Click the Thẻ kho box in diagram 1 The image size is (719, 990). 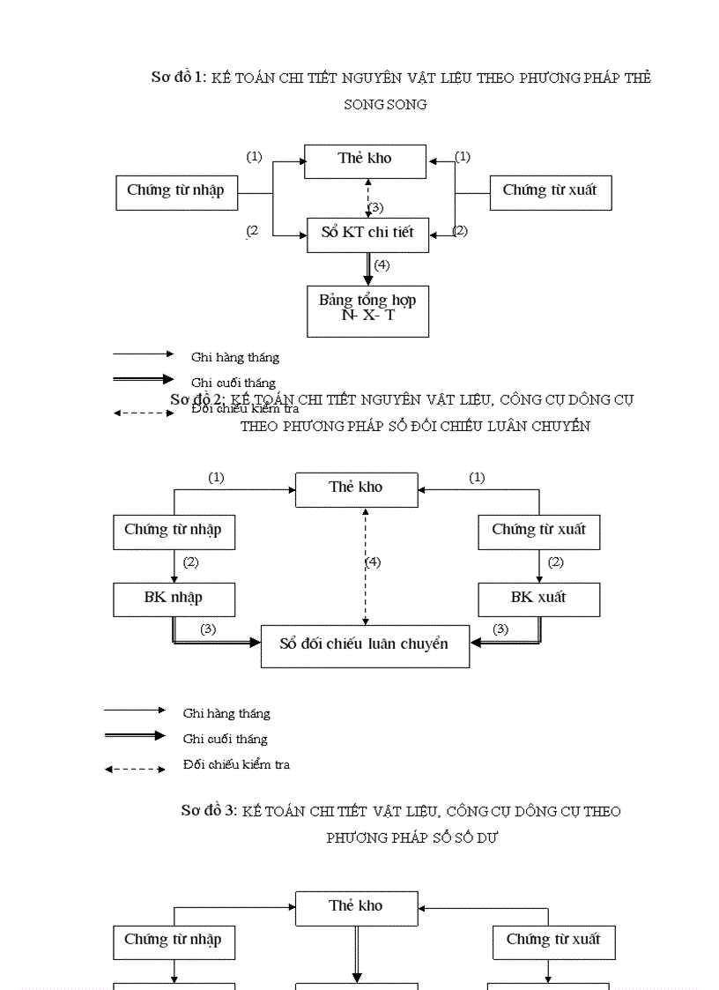[365, 160]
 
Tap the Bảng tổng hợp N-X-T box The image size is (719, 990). [367, 309]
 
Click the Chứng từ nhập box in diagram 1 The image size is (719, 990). [176, 191]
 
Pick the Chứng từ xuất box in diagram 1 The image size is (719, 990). [550, 191]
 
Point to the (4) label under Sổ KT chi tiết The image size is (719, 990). [382, 264]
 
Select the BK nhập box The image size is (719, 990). [174, 599]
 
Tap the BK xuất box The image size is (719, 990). [538, 599]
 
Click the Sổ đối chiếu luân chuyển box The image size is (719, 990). [365, 645]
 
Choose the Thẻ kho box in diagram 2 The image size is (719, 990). [356, 488]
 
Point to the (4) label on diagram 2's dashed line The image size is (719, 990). [373, 562]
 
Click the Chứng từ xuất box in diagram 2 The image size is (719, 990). [538, 532]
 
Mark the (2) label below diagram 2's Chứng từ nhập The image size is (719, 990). [191, 562]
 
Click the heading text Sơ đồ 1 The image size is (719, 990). [179, 78]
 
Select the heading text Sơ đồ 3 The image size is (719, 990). [209, 811]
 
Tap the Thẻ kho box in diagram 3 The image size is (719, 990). [356, 907]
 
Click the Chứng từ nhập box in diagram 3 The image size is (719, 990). [173, 941]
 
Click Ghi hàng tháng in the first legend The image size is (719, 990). [234, 358]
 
